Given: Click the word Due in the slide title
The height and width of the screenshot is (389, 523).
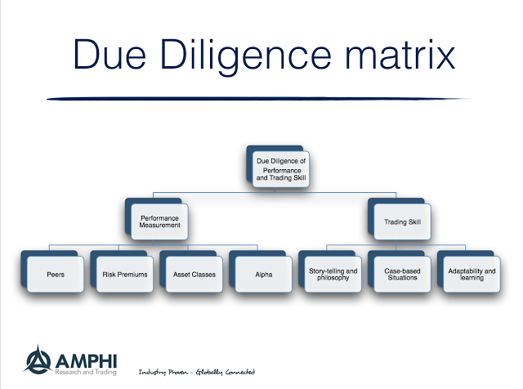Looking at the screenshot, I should pos(111,56).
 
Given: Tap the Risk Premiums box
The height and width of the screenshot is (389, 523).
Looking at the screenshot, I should pos(124,274).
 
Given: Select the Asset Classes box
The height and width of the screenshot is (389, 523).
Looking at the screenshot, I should pos(194,274).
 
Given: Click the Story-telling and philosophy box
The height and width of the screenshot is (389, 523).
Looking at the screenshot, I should pos(333,274).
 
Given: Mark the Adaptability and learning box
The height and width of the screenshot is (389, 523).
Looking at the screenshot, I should pos(472,274).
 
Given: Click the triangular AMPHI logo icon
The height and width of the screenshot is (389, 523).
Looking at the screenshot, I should pos(37,359).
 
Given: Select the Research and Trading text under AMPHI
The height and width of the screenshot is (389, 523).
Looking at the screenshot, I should pos(85,371).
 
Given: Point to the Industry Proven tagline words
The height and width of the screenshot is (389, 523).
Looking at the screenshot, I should pos(166,372).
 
